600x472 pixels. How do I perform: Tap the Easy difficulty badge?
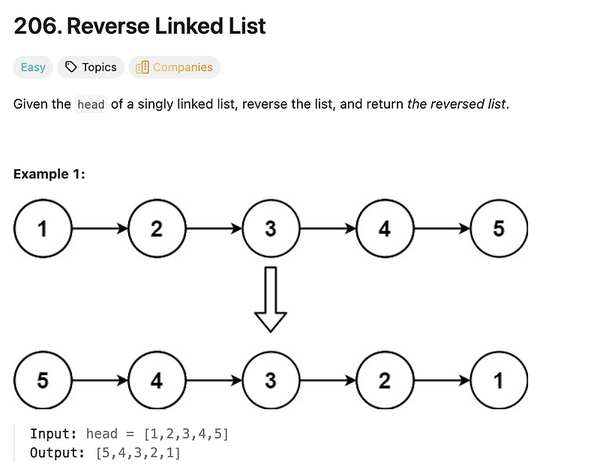[x=33, y=67]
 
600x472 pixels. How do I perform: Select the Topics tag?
[x=91, y=67]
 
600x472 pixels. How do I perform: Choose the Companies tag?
[x=174, y=67]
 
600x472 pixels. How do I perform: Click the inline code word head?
[x=91, y=105]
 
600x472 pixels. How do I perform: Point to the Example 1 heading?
[x=49, y=175]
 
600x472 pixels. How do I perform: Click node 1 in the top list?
[x=43, y=229]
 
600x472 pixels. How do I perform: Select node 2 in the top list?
[x=157, y=229]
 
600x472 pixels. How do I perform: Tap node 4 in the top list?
[x=385, y=229]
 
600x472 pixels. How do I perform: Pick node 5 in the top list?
[x=499, y=229]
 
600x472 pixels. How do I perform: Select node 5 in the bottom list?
[x=43, y=380]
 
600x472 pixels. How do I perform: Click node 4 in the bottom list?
[x=157, y=380]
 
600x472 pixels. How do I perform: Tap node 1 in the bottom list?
[x=499, y=380]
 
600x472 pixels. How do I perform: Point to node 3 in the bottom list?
[x=271, y=380]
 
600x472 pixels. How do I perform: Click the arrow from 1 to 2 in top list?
[x=100, y=229]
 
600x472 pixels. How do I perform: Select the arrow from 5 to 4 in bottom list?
[x=100, y=380]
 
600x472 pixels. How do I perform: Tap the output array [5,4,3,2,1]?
[x=139, y=453]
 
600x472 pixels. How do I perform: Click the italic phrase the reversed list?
[x=457, y=104]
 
